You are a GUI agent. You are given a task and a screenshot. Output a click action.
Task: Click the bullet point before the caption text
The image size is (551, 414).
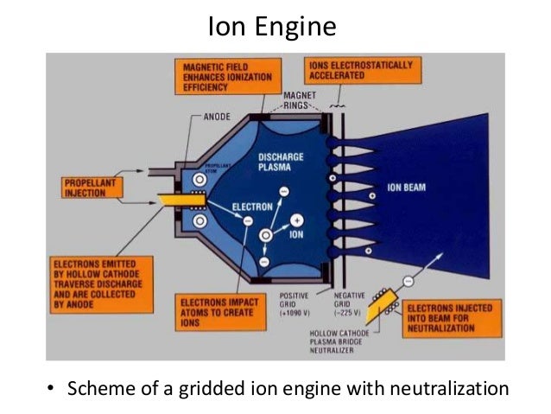[50, 387]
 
